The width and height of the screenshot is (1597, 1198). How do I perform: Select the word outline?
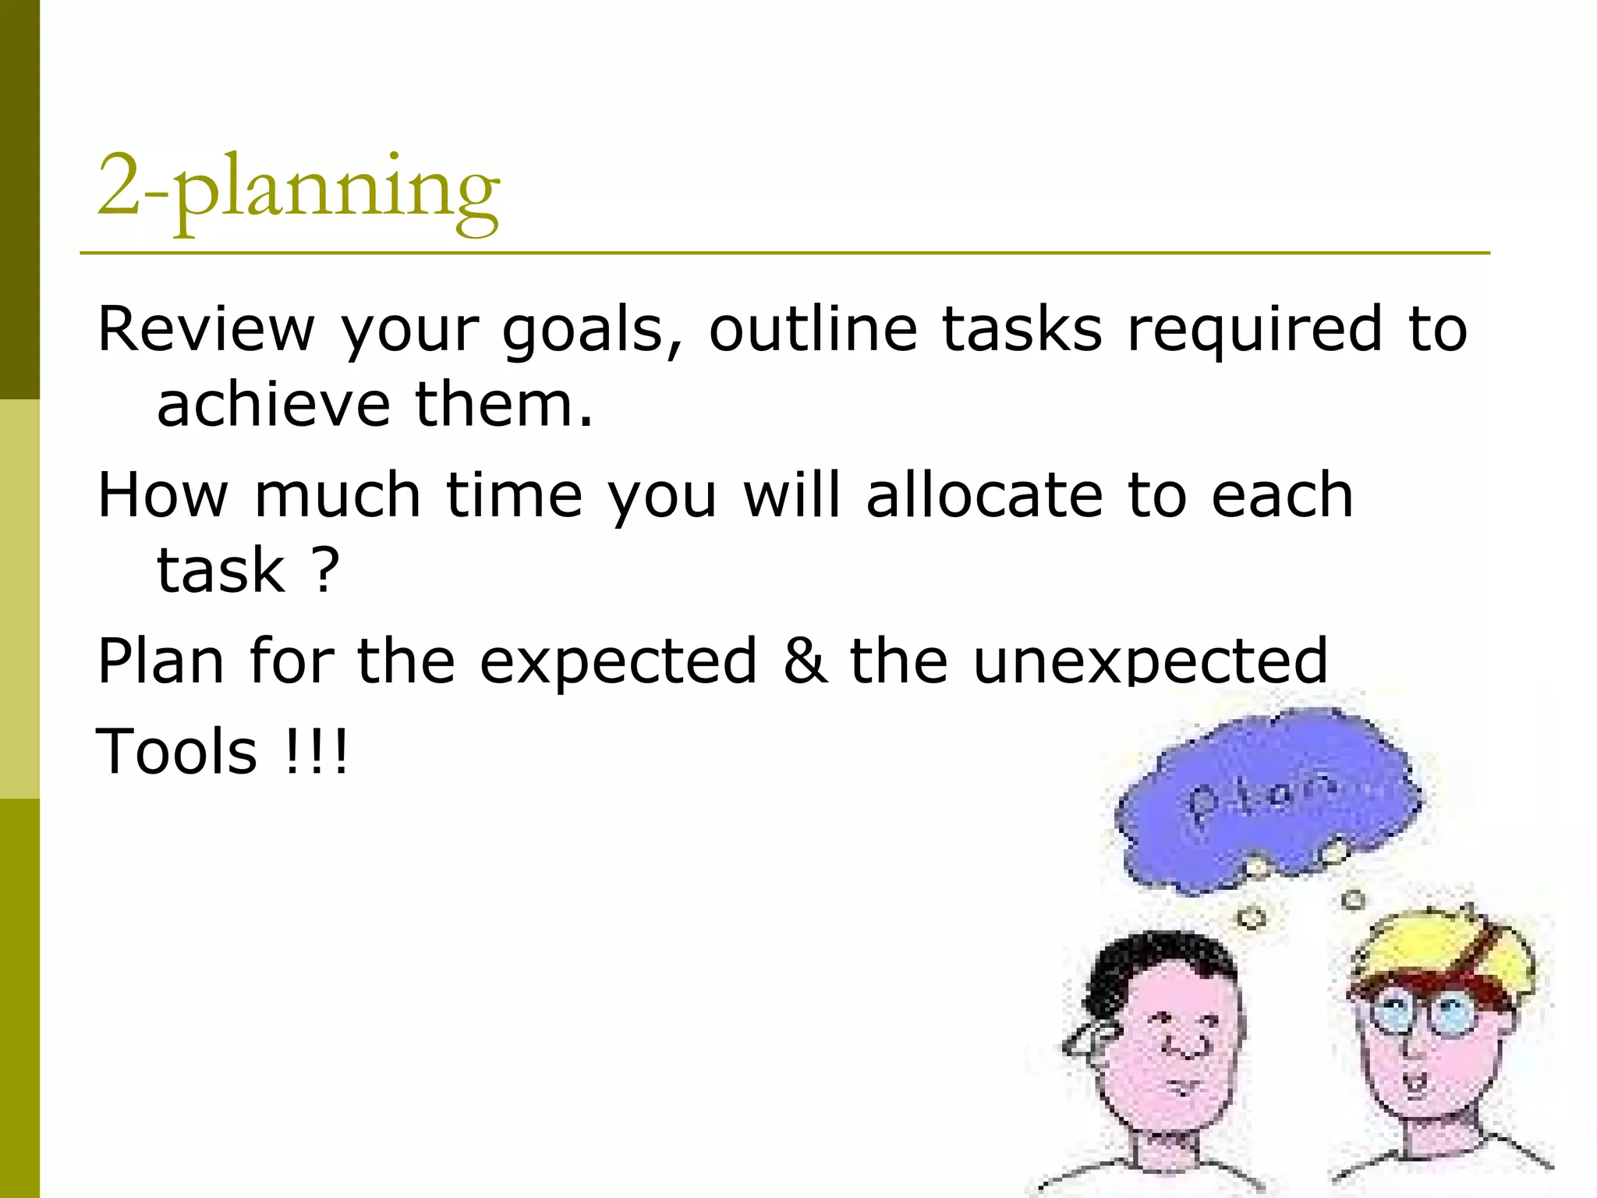(813, 328)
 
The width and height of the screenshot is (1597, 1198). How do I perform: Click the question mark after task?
(326, 569)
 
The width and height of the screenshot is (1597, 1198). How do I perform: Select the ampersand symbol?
(805, 661)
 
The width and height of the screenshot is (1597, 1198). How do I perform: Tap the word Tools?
(176, 751)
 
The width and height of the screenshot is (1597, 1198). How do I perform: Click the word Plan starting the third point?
(161, 661)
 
